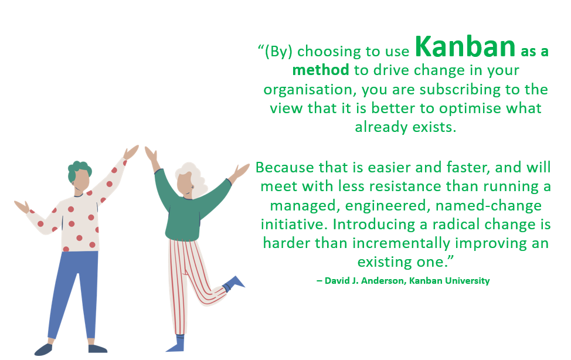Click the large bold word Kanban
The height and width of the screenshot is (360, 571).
(465, 47)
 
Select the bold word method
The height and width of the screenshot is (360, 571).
(321, 70)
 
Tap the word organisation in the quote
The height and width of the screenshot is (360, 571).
(310, 90)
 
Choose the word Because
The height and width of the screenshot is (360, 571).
(284, 168)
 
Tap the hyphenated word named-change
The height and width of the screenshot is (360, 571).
(489, 206)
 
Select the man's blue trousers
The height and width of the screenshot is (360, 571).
(73, 291)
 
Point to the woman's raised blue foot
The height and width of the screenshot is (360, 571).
(233, 283)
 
